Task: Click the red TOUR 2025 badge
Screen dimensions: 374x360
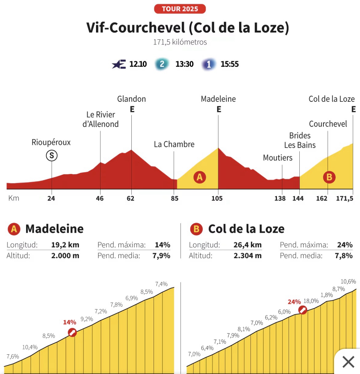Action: [x=180, y=9]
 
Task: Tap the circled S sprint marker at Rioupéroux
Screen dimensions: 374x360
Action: [x=52, y=156]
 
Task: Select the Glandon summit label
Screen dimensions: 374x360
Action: [x=131, y=99]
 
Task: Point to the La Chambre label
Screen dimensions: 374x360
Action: [x=174, y=144]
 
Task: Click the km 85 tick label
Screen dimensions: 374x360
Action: [x=174, y=199]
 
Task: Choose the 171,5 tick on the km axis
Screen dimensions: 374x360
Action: [x=345, y=199]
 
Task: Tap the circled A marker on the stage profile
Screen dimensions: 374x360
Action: [x=200, y=177]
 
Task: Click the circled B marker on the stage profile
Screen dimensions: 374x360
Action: [x=329, y=177]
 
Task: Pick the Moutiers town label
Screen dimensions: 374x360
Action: [x=278, y=158]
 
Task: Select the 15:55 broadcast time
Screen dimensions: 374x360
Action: [x=230, y=64]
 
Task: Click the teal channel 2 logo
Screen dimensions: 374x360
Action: [x=162, y=64]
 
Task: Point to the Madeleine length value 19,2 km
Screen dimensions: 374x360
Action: [x=65, y=245]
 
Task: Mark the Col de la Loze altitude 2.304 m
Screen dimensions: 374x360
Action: [x=247, y=256]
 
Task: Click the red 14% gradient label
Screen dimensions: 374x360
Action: [x=70, y=322]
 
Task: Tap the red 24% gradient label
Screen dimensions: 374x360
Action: [x=294, y=302]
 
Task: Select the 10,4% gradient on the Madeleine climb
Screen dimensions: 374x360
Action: [x=30, y=347]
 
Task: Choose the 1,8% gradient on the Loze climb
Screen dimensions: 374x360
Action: [x=327, y=295]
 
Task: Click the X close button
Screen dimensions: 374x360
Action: [x=348, y=362]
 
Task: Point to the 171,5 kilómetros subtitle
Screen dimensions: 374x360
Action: [x=180, y=42]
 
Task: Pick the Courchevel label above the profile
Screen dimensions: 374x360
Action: [x=328, y=124]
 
